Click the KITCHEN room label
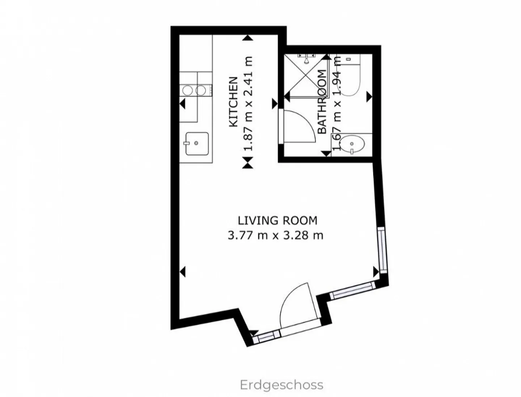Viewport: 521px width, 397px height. [233, 102]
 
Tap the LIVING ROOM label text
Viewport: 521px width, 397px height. [277, 220]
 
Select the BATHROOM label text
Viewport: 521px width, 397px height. [322, 102]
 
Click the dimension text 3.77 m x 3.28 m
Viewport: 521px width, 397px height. [275, 235]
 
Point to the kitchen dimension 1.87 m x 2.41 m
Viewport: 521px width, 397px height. [248, 104]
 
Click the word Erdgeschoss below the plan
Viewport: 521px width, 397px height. [281, 385]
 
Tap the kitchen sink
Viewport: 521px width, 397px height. [196, 144]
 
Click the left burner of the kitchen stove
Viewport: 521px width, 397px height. [187, 90]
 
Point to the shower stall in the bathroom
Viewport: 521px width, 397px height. [306, 76]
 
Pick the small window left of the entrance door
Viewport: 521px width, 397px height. [266, 336]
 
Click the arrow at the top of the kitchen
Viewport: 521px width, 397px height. [247, 37]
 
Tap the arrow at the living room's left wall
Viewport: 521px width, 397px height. [183, 271]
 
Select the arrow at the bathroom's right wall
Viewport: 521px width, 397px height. [369, 97]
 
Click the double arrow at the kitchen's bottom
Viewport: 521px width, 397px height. [247, 163]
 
